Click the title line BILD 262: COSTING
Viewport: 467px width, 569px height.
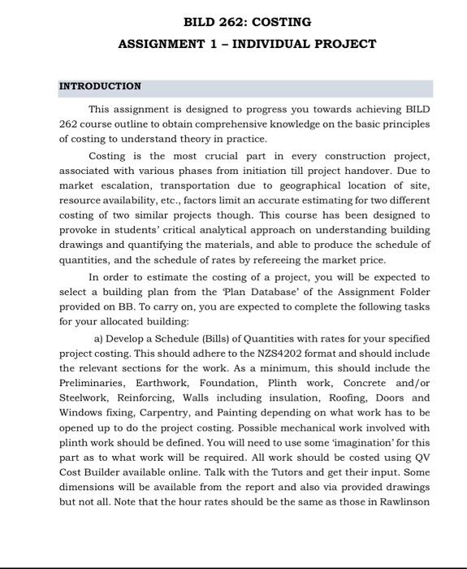pyautogui.click(x=236, y=22)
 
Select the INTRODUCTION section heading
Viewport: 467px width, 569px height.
pyautogui.click(x=100, y=86)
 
